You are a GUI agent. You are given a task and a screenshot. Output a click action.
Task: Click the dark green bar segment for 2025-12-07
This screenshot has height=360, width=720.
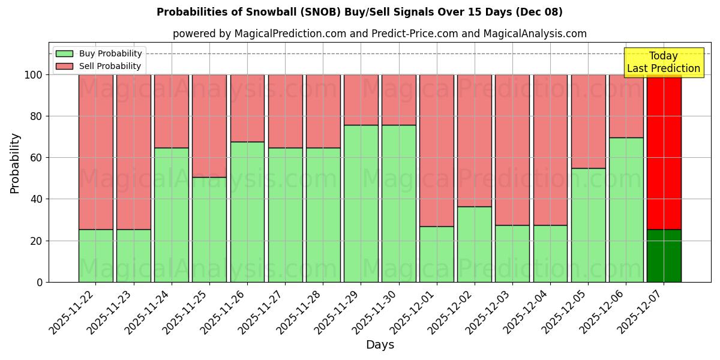pyautogui.click(x=664, y=256)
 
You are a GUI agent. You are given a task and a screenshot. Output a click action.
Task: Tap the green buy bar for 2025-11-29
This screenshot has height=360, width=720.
pyautogui.click(x=361, y=203)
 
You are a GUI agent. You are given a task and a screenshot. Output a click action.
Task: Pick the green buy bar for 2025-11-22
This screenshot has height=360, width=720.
pyautogui.click(x=95, y=256)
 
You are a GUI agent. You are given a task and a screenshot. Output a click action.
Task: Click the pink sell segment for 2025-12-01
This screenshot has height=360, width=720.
pyautogui.click(x=437, y=150)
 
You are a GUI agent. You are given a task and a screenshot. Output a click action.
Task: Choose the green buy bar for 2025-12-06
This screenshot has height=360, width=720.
pyautogui.click(x=626, y=210)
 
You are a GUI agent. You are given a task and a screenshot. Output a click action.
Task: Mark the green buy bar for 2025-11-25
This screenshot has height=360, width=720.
pyautogui.click(x=209, y=229)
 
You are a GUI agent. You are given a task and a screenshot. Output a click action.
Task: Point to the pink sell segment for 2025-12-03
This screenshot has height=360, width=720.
pyautogui.click(x=512, y=150)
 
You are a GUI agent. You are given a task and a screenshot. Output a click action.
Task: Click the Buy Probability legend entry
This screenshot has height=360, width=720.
pyautogui.click(x=99, y=53)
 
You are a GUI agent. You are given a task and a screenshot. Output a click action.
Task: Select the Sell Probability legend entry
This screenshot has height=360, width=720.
pyautogui.click(x=99, y=66)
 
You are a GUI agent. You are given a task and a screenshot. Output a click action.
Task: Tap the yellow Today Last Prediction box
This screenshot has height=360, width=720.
pyautogui.click(x=663, y=62)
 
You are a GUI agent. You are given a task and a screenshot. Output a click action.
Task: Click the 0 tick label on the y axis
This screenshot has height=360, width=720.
pyautogui.click(x=40, y=282)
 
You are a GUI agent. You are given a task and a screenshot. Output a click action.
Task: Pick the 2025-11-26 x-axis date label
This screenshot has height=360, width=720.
pyautogui.click(x=223, y=311)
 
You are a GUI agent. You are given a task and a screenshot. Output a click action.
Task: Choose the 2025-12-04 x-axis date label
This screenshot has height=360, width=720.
pyautogui.click(x=526, y=311)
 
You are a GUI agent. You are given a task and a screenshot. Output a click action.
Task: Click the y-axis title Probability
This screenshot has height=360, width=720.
pyautogui.click(x=15, y=163)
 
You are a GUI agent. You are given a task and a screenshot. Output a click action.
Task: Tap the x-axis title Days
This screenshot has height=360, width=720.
pyautogui.click(x=380, y=345)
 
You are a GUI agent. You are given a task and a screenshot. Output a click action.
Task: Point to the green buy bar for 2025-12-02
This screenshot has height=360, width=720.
pyautogui.click(x=475, y=244)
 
